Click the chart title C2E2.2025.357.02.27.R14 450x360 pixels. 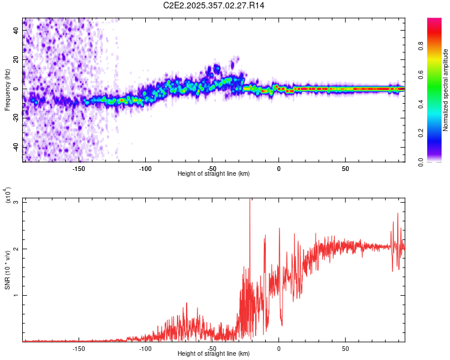(214, 5)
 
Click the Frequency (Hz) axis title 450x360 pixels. (7, 90)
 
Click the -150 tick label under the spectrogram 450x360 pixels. (79, 168)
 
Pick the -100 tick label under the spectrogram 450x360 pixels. (145, 168)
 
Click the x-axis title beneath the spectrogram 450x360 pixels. (214, 174)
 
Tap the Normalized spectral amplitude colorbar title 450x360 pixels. (446, 90)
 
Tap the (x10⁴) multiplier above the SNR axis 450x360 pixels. (8, 196)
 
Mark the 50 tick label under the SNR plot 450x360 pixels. (345, 348)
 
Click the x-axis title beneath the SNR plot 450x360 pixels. (214, 354)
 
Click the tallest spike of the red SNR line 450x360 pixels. (250, 200)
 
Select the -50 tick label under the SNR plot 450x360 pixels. (212, 348)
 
